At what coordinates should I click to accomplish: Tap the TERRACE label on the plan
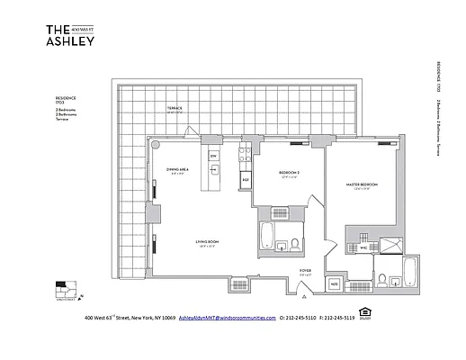174,109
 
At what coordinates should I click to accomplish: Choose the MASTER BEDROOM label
362,184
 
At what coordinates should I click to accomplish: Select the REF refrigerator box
244,180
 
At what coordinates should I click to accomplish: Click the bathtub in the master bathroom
409,273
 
